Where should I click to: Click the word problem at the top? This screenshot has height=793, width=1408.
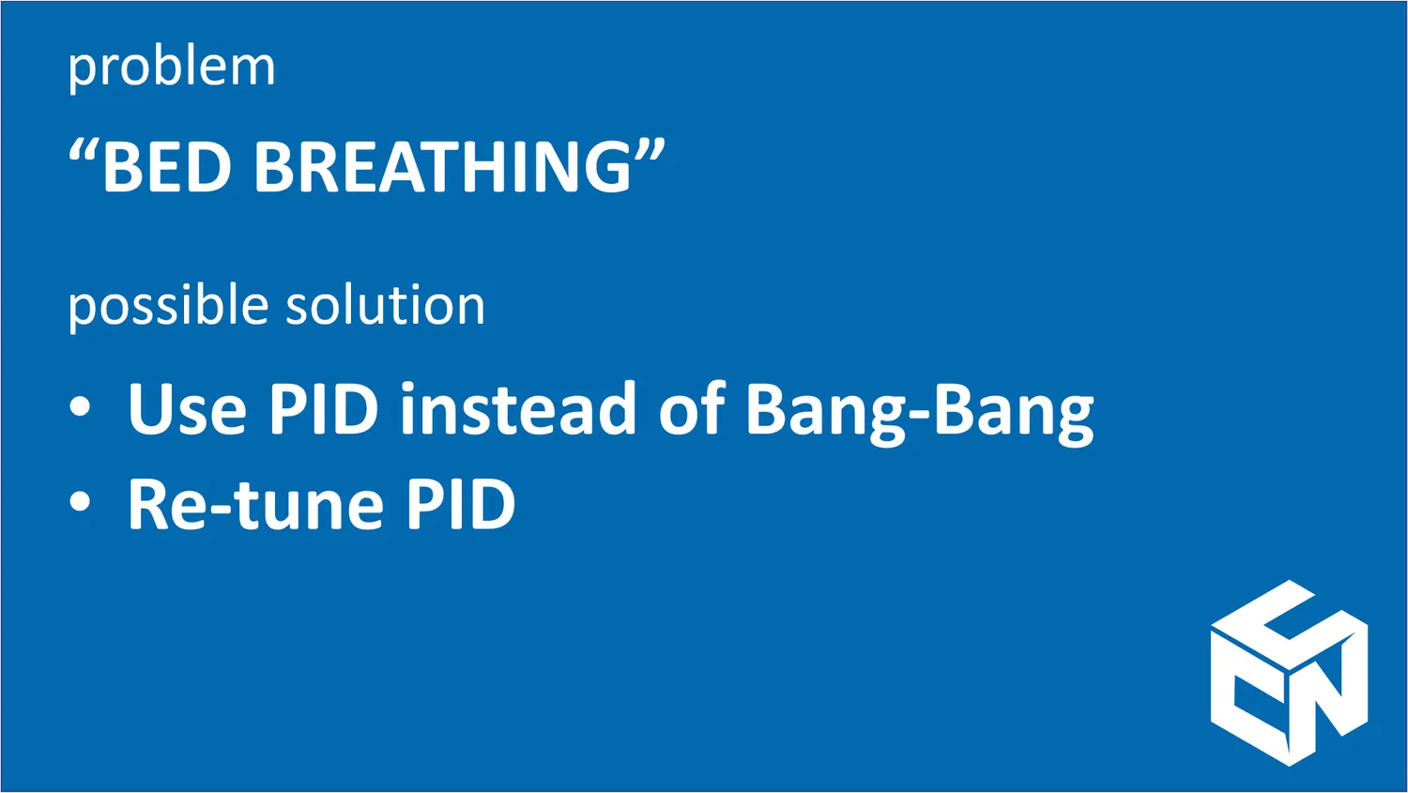point(172,68)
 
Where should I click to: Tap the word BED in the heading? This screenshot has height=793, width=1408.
point(166,165)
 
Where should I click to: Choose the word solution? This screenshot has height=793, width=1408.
point(385,304)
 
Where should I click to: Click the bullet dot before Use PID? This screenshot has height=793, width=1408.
point(80,406)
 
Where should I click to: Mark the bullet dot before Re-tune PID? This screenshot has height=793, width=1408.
point(80,502)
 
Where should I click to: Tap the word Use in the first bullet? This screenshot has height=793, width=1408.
point(187,408)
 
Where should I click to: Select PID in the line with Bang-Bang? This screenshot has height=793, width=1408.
point(323,407)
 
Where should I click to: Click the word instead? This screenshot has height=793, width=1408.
point(518,407)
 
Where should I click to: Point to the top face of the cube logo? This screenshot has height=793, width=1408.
point(1289,625)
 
